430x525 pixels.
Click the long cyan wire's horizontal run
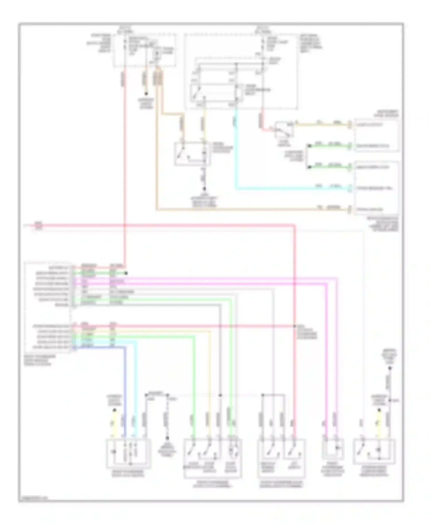287,189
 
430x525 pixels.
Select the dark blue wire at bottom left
125,388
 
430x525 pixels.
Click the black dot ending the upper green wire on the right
309,146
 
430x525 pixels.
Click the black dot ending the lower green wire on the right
309,167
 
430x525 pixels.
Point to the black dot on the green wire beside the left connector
126,273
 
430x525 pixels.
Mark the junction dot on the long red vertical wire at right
294,326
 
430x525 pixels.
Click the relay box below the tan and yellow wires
192,153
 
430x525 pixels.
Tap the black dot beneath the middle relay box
204,189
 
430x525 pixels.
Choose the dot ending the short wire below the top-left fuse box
146,94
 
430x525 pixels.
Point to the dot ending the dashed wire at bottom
167,438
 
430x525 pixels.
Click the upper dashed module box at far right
376,135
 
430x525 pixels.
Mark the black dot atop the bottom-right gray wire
390,368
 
